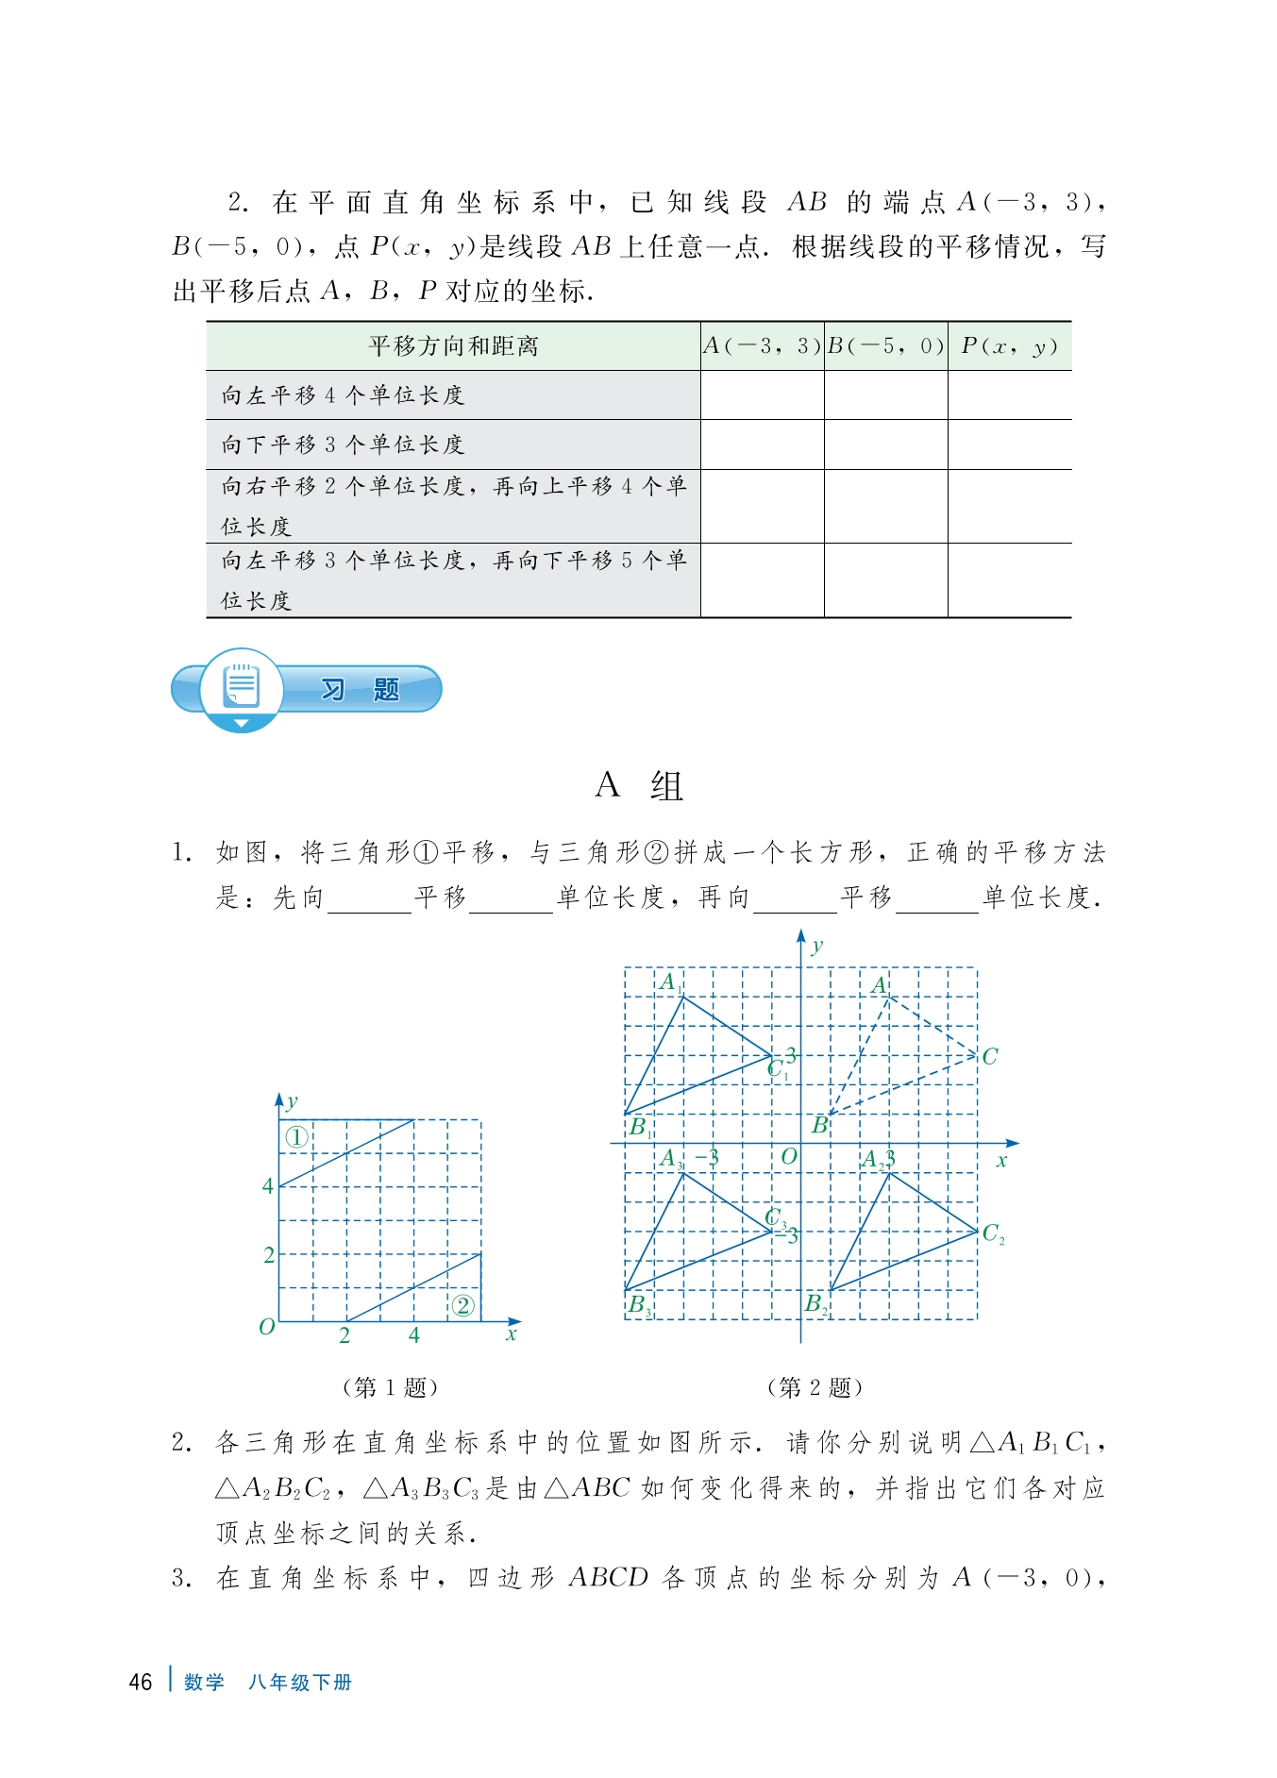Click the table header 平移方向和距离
click(x=453, y=346)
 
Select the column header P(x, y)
click(x=1009, y=346)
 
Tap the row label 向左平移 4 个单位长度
click(x=343, y=395)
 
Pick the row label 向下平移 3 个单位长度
click(x=343, y=444)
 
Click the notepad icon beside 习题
click(x=241, y=686)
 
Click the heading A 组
click(x=639, y=786)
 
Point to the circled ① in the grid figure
click(x=296, y=1137)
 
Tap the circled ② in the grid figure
click(x=462, y=1305)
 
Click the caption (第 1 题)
click(x=389, y=1387)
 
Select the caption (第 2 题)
click(x=815, y=1387)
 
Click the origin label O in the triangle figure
click(x=789, y=1157)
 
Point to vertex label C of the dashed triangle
click(x=989, y=1057)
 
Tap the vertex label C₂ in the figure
click(x=993, y=1233)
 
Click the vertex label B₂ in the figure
click(x=816, y=1305)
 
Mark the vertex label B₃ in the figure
click(x=640, y=1305)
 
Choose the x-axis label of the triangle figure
click(x=1001, y=1161)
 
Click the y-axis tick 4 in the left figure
click(x=268, y=1186)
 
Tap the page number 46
click(x=141, y=1683)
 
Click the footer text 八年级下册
click(x=300, y=1683)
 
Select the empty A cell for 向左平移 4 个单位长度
click(x=762, y=395)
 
